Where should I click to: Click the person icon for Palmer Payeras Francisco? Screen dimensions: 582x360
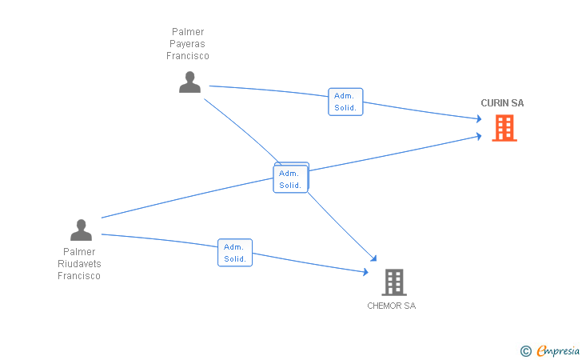189,82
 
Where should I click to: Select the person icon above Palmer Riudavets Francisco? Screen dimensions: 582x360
81,230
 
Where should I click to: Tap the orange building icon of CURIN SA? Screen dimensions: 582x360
504,128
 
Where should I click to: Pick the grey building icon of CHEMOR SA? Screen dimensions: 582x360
394,282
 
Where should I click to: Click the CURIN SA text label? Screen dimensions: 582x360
502,103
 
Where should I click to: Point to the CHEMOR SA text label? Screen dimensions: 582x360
391,306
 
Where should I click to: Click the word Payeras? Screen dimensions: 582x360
187,44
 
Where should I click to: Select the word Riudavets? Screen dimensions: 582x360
79,264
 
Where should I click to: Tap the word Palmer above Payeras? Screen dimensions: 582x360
188,31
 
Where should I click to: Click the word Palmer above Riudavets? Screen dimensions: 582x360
79,252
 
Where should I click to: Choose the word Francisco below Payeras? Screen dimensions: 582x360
187,56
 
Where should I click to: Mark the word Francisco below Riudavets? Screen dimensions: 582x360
79,276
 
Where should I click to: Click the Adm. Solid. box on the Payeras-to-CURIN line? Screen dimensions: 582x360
345,102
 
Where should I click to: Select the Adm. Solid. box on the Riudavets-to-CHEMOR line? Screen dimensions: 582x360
235,253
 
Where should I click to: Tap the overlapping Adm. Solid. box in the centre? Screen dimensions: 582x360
291,178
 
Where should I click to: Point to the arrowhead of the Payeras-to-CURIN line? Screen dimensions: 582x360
479,119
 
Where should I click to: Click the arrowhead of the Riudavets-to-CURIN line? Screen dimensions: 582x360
479,136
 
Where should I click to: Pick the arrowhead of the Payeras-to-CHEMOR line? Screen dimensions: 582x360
374,258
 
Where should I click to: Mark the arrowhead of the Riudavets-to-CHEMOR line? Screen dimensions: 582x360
365,272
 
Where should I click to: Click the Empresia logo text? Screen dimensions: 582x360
558,350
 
